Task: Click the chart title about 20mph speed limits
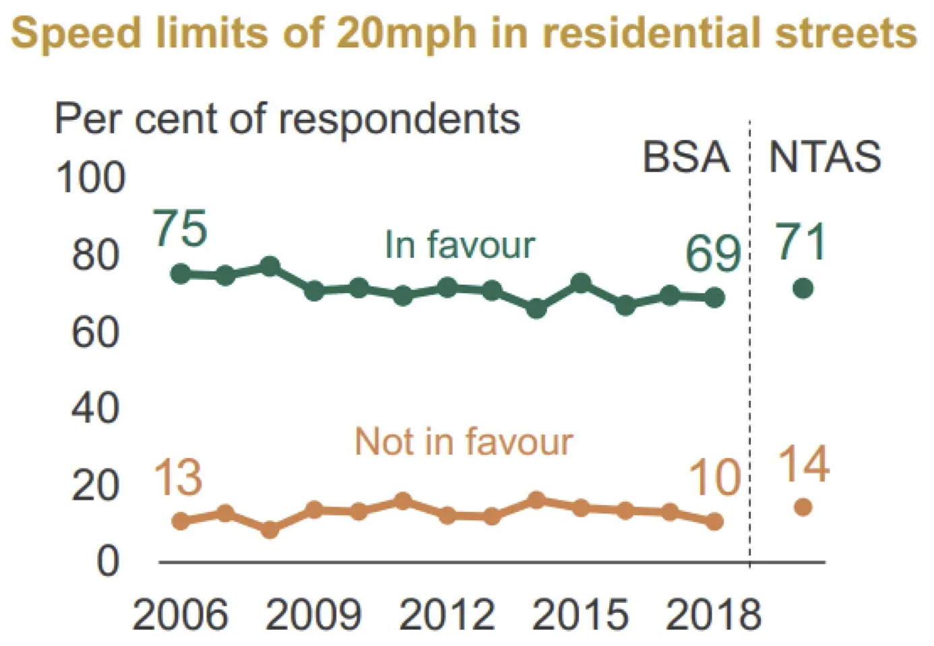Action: click(464, 33)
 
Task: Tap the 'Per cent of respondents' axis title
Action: click(287, 119)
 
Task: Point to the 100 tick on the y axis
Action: click(90, 179)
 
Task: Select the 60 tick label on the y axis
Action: click(96, 332)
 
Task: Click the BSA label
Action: click(686, 157)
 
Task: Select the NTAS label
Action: click(825, 157)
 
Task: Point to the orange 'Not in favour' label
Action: click(464, 442)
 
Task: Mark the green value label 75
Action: click(180, 228)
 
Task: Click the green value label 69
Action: click(713, 254)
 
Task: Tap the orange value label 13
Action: click(178, 478)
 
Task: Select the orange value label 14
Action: click(803, 464)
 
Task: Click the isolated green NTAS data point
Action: click(803, 288)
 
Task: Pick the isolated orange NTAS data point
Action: click(803, 507)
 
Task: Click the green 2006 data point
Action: click(181, 273)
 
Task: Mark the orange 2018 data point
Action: click(715, 521)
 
